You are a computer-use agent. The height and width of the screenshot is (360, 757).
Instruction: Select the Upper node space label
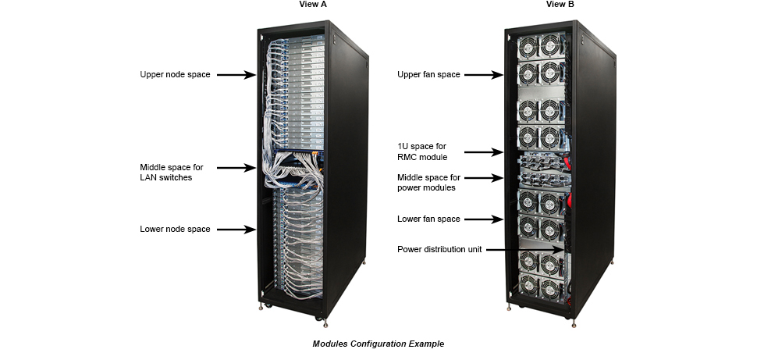(175, 75)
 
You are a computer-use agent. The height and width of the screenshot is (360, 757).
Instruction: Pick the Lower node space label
(175, 230)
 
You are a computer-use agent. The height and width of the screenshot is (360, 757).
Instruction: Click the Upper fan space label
(428, 75)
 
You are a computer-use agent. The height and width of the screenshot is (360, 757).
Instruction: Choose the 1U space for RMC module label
(422, 152)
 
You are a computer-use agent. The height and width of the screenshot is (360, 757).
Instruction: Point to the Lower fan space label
(428, 219)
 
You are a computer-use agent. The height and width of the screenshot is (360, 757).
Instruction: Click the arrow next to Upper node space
(236, 75)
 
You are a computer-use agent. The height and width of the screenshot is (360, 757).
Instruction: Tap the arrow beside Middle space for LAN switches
(236, 167)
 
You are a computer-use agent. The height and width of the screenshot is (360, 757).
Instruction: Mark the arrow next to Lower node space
(236, 230)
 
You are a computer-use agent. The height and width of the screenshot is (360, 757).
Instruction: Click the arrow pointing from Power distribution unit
(531, 250)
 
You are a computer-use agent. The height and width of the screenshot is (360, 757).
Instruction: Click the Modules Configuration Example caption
(378, 344)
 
